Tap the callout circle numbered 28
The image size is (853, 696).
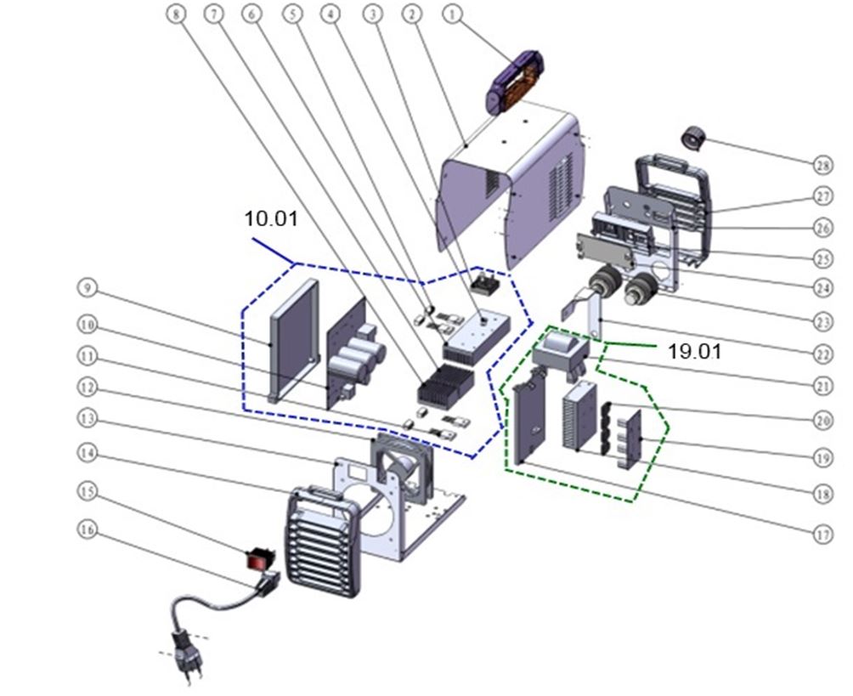pyautogui.click(x=822, y=161)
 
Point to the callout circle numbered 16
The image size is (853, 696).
pyautogui.click(x=87, y=529)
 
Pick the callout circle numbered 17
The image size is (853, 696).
pyautogui.click(x=822, y=535)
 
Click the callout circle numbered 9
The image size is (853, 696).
pyautogui.click(x=87, y=289)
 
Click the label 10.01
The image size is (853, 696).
pyautogui.click(x=271, y=218)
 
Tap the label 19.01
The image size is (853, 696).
pyautogui.click(x=694, y=351)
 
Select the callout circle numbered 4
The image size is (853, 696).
pyautogui.click(x=329, y=14)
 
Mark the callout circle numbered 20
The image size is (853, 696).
pyautogui.click(x=822, y=420)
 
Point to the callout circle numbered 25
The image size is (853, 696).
pyautogui.click(x=822, y=257)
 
